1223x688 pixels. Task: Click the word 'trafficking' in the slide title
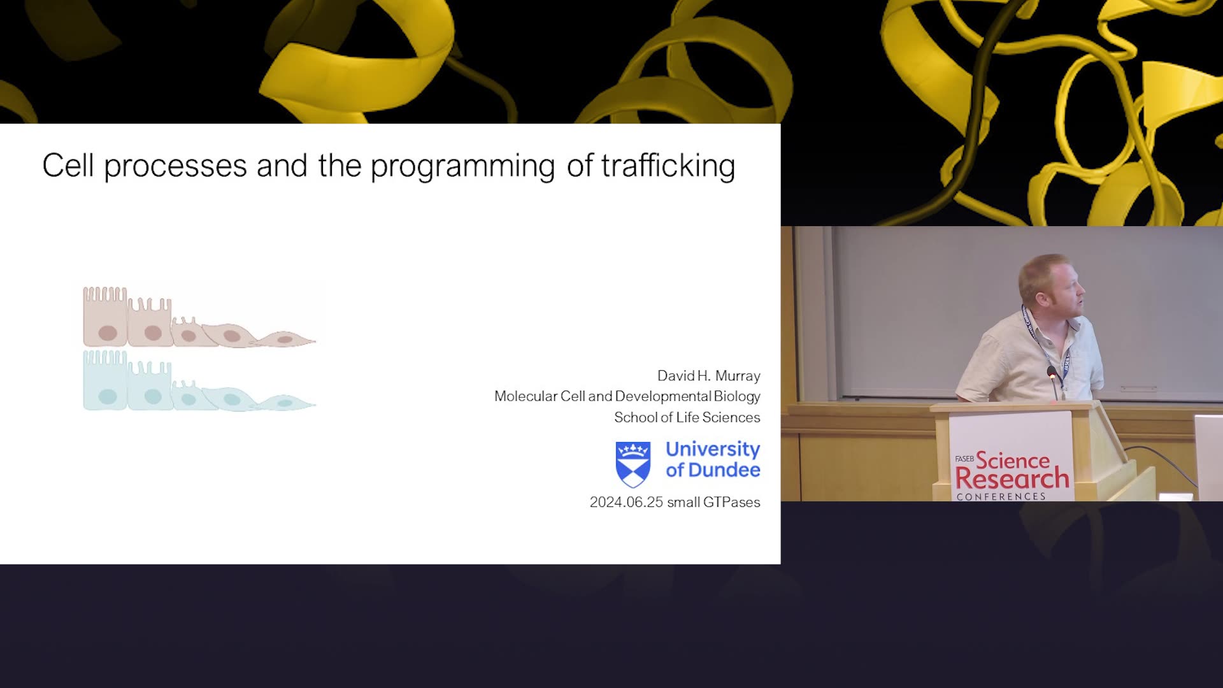(x=668, y=166)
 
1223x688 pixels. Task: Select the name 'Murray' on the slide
(x=738, y=376)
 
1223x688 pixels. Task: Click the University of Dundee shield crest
(x=633, y=464)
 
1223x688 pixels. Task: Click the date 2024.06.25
(x=627, y=502)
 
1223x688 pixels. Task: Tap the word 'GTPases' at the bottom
(x=732, y=502)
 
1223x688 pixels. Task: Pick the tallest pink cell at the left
(x=105, y=317)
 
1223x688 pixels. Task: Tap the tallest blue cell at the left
(x=105, y=380)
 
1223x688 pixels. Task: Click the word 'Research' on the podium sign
(x=1012, y=478)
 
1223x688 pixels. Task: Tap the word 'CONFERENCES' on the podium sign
(x=1001, y=496)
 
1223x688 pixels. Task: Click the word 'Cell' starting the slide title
(x=68, y=166)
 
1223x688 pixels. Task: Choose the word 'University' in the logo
(x=713, y=450)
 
